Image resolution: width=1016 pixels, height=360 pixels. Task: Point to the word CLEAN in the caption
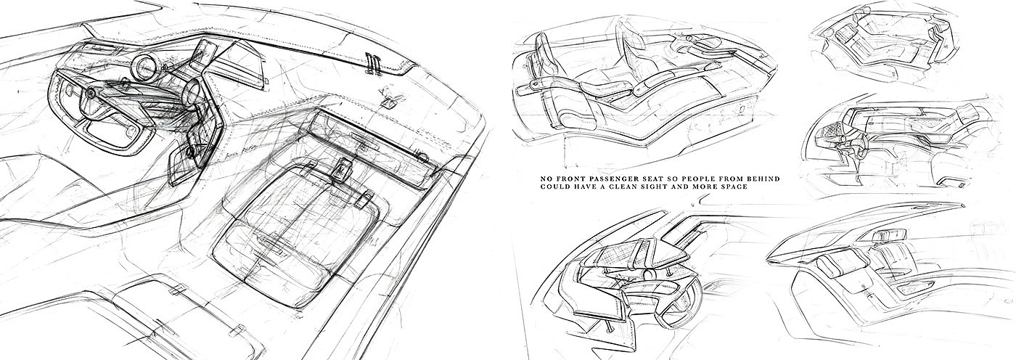(x=617, y=187)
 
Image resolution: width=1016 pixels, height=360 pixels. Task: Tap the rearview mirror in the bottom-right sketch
(x=891, y=234)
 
